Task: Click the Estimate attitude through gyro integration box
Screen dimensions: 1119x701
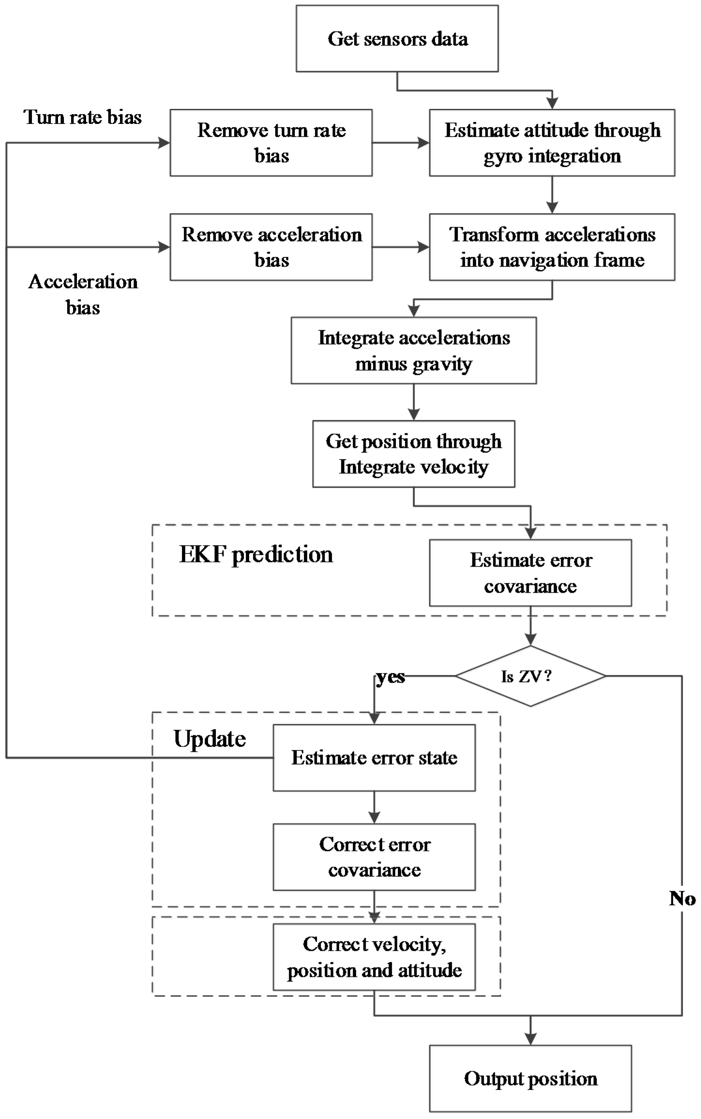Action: point(552,143)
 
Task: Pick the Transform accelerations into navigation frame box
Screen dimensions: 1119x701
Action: point(552,247)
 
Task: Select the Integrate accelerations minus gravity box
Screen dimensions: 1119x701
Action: point(413,351)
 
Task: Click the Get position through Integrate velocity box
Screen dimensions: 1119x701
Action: point(413,454)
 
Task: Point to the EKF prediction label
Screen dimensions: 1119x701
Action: point(256,554)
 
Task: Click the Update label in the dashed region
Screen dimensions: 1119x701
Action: point(210,739)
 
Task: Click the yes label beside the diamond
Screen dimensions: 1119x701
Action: point(390,677)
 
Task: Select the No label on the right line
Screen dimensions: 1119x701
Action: point(682,898)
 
